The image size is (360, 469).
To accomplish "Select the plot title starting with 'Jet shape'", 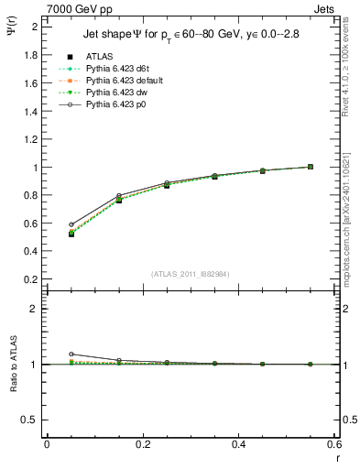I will [x=191, y=36].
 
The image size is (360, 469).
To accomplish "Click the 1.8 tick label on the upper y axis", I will [x=29, y=55].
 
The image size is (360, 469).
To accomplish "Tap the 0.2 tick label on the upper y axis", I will [x=29, y=279].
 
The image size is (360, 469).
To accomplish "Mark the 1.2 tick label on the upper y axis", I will [x=29, y=139].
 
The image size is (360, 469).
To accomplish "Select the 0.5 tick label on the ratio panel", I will [x=29, y=420].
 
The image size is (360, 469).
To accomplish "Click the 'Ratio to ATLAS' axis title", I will [x=12, y=364].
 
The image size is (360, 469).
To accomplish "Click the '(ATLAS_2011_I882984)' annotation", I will [x=191, y=273].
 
